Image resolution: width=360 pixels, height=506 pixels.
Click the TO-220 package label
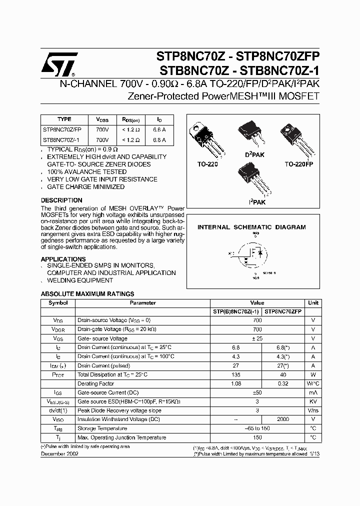click(x=207, y=164)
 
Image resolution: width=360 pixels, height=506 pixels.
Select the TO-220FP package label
click(x=298, y=164)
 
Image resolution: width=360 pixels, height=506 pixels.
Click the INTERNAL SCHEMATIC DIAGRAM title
click(x=251, y=227)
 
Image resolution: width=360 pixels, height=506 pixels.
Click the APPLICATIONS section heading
click(x=59, y=259)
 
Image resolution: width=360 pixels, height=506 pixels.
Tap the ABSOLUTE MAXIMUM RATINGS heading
click(x=87, y=294)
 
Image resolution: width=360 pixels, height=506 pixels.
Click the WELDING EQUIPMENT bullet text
click(x=79, y=280)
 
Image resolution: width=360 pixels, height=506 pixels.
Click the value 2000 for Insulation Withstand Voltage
click(x=283, y=419)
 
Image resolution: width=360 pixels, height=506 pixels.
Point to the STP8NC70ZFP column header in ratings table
click(x=283, y=311)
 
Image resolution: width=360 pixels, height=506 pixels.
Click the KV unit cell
click(x=313, y=401)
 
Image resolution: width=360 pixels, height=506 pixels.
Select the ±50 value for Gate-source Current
click(x=257, y=392)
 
